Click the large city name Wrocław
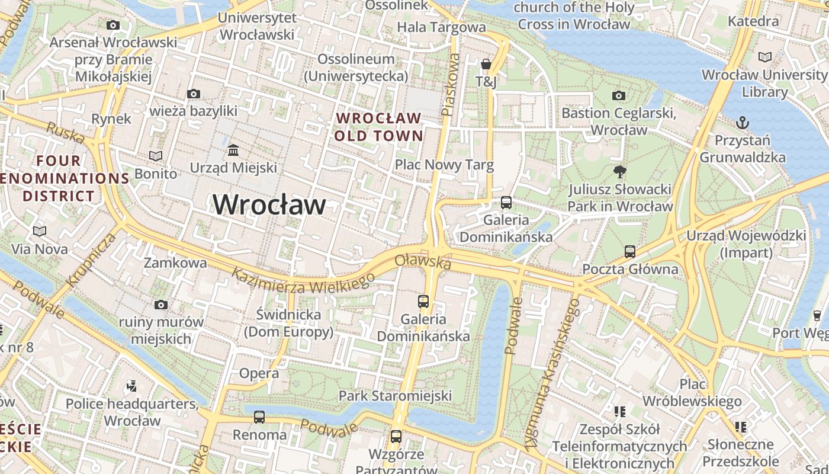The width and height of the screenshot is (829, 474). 269,204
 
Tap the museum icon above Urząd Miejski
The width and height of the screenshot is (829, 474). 233,150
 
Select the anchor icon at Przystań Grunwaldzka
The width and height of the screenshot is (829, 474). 742,123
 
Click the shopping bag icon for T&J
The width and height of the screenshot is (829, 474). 486,63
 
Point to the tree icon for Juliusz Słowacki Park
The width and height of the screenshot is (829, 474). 620,172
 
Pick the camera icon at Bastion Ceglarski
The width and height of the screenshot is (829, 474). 618,95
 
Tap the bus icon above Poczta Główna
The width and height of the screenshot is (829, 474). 629,252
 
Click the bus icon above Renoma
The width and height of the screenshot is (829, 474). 259,417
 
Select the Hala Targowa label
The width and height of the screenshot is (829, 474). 441,27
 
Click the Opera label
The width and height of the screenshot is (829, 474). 259,373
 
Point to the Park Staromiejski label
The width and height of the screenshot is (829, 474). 395,395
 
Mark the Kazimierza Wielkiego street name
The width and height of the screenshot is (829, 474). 303,281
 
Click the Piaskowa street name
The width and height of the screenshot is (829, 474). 451,84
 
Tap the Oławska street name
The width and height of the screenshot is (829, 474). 423,261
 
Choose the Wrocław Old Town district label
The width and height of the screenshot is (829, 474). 379,127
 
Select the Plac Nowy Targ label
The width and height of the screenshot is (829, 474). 444,164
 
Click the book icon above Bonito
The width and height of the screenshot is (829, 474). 156,156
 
